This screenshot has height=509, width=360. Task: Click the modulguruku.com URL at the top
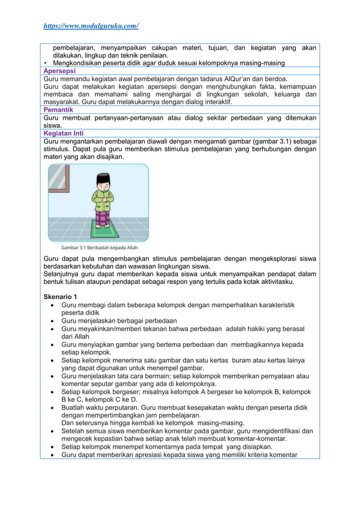(91, 26)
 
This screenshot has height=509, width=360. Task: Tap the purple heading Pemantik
(58, 109)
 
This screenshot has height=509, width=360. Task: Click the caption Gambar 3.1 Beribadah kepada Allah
(99, 247)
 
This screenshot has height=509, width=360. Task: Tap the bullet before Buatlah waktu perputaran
(52, 407)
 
